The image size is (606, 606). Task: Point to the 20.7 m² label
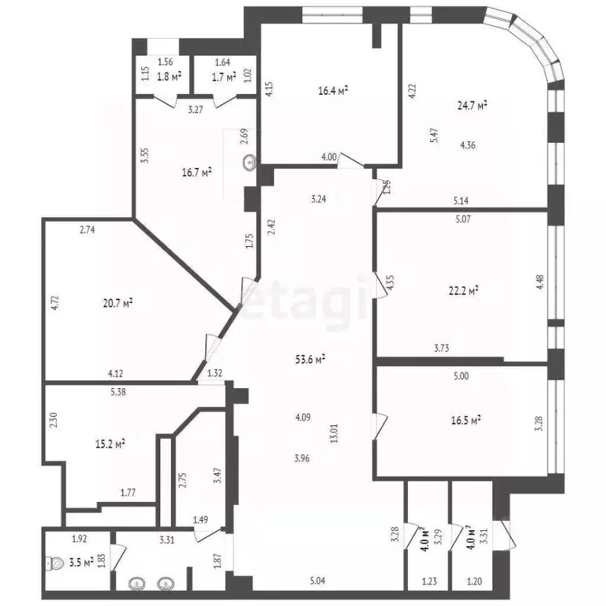click(x=118, y=302)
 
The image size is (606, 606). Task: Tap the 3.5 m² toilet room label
click(x=81, y=563)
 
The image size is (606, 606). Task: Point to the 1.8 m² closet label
click(x=169, y=77)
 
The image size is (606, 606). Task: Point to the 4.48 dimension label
click(x=541, y=282)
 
